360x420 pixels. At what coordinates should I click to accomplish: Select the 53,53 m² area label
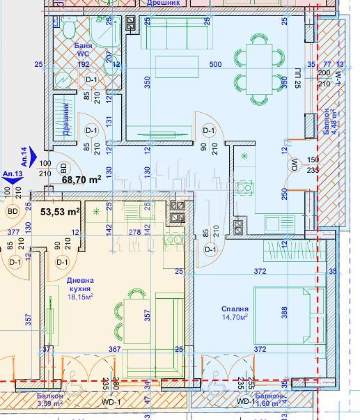(x=60, y=211)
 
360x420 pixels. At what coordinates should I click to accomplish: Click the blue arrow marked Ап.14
(x=42, y=154)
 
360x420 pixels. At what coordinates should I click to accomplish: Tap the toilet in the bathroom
(x=68, y=29)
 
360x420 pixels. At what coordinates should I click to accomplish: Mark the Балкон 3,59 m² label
(x=49, y=400)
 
